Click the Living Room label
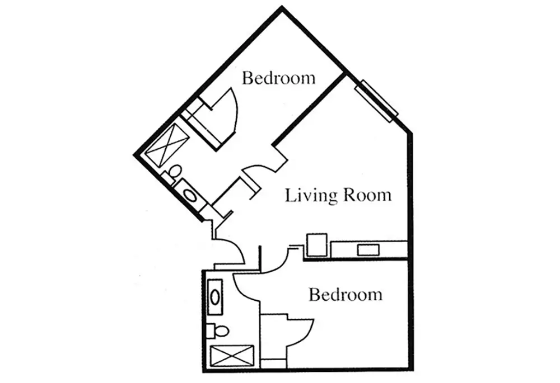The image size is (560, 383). click(338, 196)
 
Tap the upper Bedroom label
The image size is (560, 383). click(278, 78)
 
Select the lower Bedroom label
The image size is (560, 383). click(346, 294)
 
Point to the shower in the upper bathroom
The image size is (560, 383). click(167, 143)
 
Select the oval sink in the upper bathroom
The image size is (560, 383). click(191, 196)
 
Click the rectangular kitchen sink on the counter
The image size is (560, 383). click(368, 249)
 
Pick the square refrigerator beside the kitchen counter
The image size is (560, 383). click(316, 245)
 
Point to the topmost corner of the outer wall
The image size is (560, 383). click(282, 7)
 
